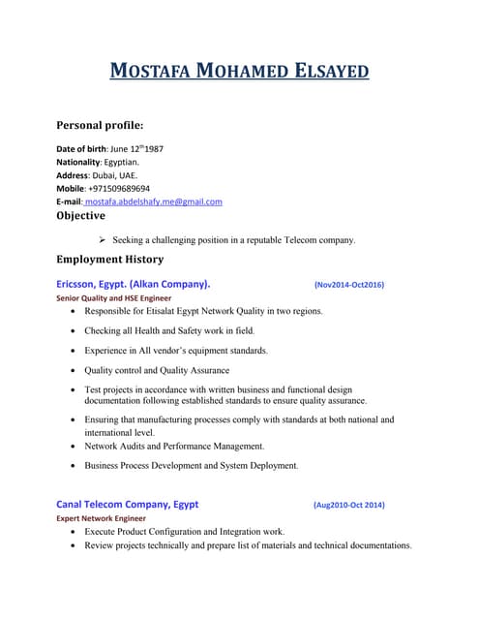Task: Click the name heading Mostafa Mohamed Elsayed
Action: (238, 72)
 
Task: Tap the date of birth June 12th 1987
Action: (144, 148)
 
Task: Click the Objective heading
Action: (80, 216)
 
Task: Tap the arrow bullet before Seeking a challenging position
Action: (103, 239)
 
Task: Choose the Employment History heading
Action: (109, 260)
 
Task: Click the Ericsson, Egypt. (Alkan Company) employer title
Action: (134, 285)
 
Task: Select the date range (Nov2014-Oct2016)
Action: (349, 285)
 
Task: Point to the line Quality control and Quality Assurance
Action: (157, 370)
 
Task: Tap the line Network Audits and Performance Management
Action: (174, 446)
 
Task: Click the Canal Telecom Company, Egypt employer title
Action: (128, 505)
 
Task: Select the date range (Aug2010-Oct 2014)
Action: (348, 506)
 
